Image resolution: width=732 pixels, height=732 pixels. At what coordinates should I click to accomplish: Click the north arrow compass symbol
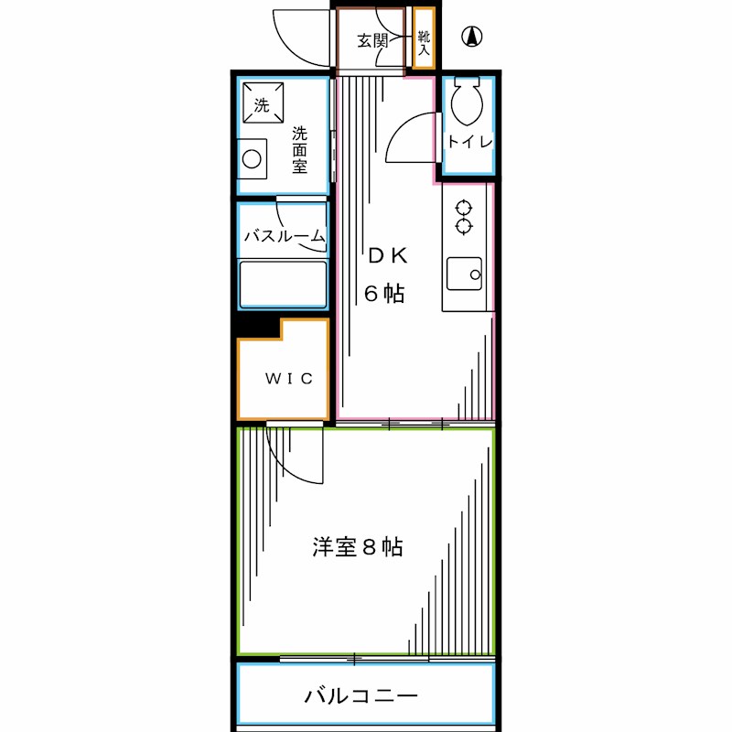point(472,37)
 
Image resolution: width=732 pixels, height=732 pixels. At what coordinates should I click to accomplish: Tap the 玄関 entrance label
point(372,40)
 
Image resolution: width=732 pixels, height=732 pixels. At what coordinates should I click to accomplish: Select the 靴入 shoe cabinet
point(424,38)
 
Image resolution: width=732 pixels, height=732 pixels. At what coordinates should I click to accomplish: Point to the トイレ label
point(469,141)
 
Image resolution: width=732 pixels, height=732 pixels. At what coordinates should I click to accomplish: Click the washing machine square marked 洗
point(263,103)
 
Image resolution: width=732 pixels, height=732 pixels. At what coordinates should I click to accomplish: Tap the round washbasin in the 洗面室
point(252,159)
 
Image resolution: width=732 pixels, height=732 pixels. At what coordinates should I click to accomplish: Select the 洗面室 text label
point(300,150)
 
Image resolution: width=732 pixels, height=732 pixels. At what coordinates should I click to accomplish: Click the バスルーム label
point(285,236)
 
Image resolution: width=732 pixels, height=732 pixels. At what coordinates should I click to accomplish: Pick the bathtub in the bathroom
point(283,285)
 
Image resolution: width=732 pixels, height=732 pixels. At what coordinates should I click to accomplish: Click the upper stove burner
point(464,208)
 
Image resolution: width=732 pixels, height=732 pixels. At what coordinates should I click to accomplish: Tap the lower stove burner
point(464,226)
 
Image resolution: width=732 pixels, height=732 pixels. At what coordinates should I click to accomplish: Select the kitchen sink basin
point(464,274)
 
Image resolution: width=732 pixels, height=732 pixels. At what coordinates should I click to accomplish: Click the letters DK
point(387,256)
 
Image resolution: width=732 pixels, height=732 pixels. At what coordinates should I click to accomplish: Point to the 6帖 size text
point(384,293)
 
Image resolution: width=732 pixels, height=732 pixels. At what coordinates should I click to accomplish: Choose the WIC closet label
point(289,378)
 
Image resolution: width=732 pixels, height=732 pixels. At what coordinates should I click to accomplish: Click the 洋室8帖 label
point(358,547)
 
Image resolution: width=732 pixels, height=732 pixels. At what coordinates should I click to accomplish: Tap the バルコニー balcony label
point(361,696)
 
